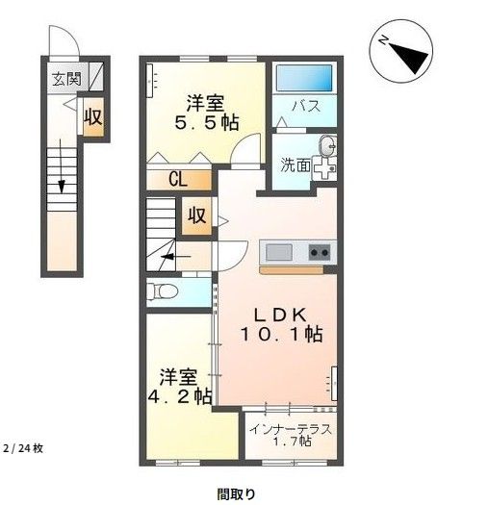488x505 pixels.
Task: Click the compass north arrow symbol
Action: (404, 54)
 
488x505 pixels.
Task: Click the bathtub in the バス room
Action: (304, 79)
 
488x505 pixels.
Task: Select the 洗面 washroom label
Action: (295, 164)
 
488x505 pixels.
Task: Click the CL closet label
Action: (178, 178)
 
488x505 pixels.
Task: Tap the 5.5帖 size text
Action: (204, 123)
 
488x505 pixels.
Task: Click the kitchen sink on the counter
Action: (279, 252)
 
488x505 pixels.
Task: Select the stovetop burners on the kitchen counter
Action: (320, 252)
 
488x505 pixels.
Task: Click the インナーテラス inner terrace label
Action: (291, 429)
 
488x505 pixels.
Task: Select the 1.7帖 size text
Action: (291, 442)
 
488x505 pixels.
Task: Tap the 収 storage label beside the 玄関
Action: (92, 117)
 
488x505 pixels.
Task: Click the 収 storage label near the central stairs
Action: (196, 215)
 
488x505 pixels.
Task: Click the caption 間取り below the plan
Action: (237, 494)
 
